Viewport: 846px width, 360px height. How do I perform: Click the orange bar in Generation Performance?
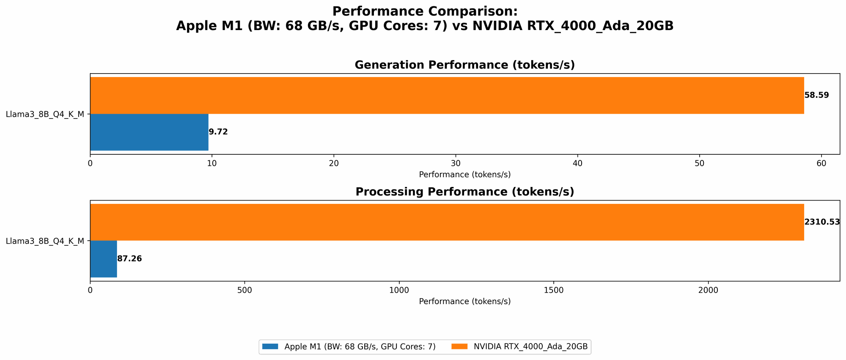[447, 95]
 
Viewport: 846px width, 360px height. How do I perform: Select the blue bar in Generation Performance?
[149, 132]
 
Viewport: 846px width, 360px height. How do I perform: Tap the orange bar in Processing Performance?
[447, 222]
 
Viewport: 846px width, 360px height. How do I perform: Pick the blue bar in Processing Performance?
[103, 259]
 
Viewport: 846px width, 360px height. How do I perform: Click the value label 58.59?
[816, 95]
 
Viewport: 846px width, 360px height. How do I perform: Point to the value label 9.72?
[218, 132]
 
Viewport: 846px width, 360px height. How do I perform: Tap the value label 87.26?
[129, 259]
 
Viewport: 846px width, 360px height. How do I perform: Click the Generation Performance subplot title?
[464, 65]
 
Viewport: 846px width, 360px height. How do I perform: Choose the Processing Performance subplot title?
[464, 192]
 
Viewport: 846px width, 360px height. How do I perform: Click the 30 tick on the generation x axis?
[456, 163]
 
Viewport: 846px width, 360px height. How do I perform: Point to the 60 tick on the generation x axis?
[821, 163]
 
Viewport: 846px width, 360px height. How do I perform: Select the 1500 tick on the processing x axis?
[553, 290]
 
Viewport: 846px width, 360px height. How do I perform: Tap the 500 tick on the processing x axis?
[244, 290]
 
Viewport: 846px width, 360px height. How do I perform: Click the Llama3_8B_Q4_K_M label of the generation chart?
[45, 114]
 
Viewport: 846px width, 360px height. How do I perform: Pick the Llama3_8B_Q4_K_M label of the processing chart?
[45, 241]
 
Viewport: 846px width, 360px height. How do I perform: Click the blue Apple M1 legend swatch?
[270, 346]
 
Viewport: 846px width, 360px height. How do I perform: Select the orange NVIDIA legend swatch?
[459, 346]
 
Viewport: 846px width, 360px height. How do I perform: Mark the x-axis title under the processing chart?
[464, 302]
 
